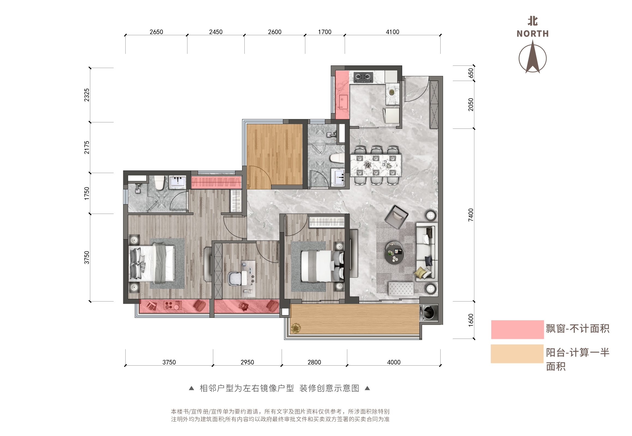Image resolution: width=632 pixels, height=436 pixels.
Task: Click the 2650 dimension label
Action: pyautogui.click(x=156, y=32)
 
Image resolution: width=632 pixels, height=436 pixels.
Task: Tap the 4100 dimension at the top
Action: pyautogui.click(x=392, y=32)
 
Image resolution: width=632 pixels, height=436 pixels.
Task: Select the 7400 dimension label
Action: pyautogui.click(x=471, y=215)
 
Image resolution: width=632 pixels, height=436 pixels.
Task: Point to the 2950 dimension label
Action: pyautogui.click(x=247, y=362)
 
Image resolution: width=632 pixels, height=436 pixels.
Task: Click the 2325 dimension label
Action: pyautogui.click(x=86, y=95)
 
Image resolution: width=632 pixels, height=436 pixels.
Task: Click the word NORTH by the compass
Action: pyautogui.click(x=532, y=34)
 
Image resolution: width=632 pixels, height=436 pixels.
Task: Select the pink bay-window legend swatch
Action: pyautogui.click(x=517, y=330)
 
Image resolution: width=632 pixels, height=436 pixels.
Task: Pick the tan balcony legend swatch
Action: pyautogui.click(x=517, y=354)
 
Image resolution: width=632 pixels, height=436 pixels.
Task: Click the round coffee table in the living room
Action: pyautogui.click(x=395, y=253)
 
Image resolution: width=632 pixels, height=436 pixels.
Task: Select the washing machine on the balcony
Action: pyautogui.click(x=429, y=312)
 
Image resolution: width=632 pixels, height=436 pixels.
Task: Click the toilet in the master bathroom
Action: pyautogui.click(x=159, y=183)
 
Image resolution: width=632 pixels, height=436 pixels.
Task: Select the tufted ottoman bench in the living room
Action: pyautogui.click(x=401, y=288)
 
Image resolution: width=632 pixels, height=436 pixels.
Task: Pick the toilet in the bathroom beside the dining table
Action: pyautogui.click(x=337, y=158)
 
